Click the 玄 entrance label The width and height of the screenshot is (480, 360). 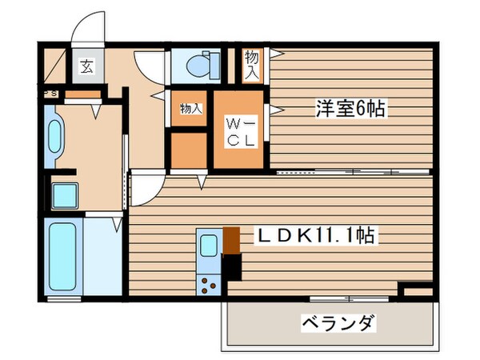click(x=85, y=67)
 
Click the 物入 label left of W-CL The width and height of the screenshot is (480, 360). click(x=190, y=109)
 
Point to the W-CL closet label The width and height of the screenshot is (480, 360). click(x=239, y=133)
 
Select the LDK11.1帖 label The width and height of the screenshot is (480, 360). click(x=317, y=237)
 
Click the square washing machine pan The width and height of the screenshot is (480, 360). click(x=64, y=194)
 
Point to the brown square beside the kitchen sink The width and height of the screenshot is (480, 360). click(x=230, y=238)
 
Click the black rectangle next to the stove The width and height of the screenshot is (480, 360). click(x=232, y=267)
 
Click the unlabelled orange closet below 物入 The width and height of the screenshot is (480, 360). click(x=190, y=149)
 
